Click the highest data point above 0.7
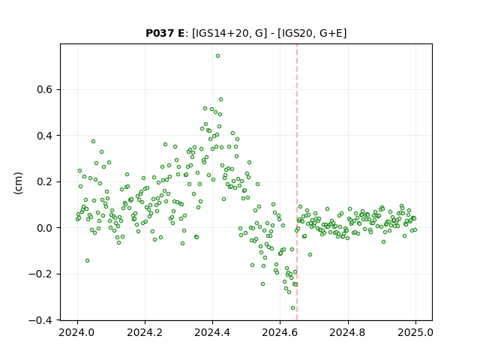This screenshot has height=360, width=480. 217,56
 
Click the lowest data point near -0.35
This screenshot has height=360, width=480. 292,308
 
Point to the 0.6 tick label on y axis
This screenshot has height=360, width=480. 45,90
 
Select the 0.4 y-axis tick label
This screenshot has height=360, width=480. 45,136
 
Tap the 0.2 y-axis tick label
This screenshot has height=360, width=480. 45,181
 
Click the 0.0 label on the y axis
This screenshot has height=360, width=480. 45,228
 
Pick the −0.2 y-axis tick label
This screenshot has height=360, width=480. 40,274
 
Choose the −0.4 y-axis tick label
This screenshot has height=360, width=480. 40,320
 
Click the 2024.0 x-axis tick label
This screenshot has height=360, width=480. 77,332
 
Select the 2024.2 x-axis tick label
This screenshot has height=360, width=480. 145,332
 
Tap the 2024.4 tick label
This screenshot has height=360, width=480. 212,332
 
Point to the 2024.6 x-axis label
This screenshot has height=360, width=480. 280,332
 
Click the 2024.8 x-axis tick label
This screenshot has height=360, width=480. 348,332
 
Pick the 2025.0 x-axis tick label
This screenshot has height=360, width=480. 415,332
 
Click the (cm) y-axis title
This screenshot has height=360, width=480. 18,183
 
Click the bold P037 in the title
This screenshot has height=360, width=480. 160,33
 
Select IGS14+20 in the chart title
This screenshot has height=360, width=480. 220,33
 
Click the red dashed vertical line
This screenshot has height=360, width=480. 297,182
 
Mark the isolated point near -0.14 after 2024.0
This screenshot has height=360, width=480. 87,260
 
